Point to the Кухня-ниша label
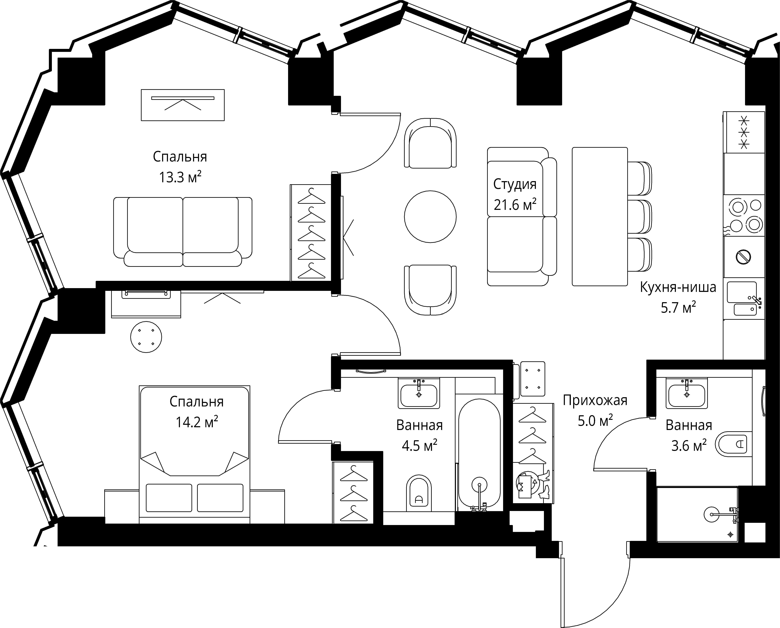click(678, 287)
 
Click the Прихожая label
click(595, 400)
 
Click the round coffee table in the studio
click(430, 217)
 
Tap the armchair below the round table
click(430, 290)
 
